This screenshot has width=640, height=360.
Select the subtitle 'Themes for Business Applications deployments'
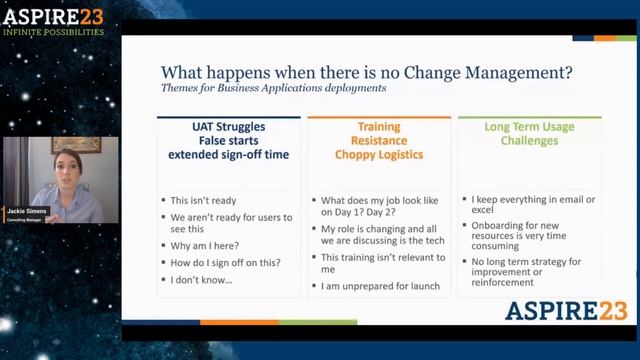(x=273, y=88)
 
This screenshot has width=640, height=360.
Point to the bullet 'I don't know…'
(x=201, y=280)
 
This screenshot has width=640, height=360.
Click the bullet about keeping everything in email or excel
(x=533, y=206)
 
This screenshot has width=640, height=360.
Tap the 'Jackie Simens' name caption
(x=27, y=211)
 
